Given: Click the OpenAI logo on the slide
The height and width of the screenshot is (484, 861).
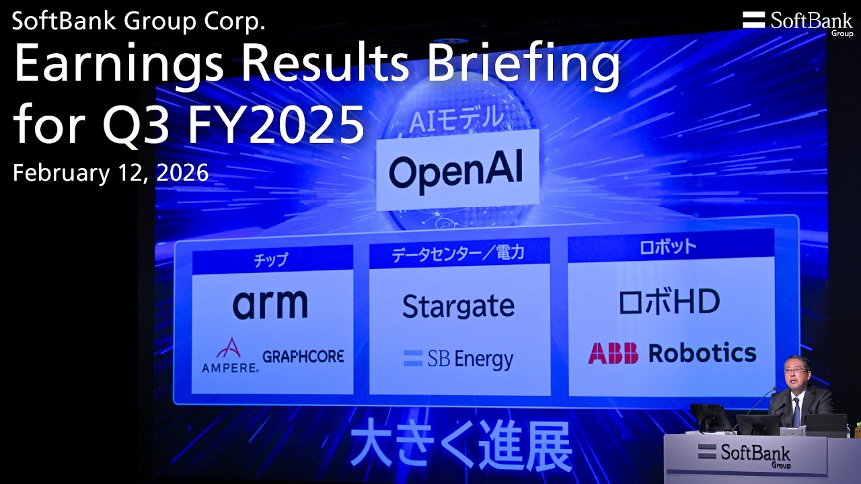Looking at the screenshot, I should [x=455, y=172].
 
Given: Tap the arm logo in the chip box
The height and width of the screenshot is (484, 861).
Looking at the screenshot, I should [x=270, y=305].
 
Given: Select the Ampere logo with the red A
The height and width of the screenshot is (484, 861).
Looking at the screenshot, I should [x=229, y=355].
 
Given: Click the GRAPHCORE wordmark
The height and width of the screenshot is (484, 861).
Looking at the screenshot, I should [x=303, y=356].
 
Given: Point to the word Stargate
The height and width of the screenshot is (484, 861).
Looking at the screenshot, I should [x=458, y=307].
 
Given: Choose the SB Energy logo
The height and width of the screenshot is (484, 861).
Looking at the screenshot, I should [x=458, y=359].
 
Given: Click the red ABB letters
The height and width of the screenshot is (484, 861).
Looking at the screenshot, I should [x=613, y=353].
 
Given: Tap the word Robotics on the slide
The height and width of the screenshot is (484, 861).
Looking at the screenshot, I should [x=702, y=352].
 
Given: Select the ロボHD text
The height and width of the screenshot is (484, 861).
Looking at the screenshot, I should [x=669, y=302].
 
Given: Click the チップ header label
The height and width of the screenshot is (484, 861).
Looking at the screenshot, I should [x=271, y=260].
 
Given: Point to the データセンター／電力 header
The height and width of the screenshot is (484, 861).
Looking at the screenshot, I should [x=458, y=253].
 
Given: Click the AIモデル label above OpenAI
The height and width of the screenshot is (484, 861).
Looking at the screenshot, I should [x=457, y=119].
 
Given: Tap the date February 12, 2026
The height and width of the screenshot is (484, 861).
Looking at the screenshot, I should [x=111, y=173].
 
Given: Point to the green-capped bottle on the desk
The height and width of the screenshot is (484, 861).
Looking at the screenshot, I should [x=857, y=430].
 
